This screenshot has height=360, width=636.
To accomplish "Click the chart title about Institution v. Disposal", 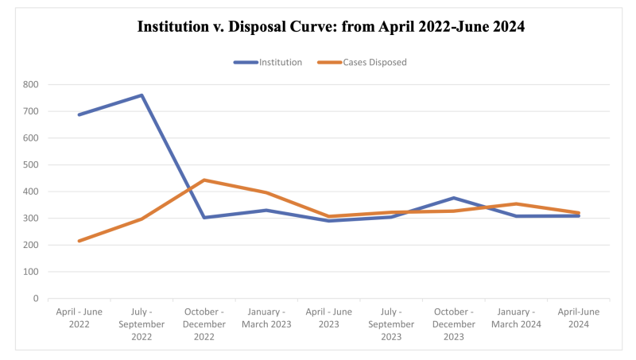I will click(331, 26).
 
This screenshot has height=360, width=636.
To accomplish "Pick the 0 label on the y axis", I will click(35, 299).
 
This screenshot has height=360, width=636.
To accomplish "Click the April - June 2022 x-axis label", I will click(79, 318).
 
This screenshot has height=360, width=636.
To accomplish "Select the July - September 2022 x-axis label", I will click(142, 318).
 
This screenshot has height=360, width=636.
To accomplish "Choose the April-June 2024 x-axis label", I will click(579, 318).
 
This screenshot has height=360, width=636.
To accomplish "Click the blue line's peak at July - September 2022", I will click(142, 95).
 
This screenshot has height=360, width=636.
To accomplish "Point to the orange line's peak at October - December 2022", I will click(204, 180).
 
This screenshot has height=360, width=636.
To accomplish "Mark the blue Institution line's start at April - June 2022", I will click(79, 114).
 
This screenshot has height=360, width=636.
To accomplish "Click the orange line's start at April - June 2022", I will click(79, 241).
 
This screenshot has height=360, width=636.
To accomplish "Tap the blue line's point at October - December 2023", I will click(454, 198).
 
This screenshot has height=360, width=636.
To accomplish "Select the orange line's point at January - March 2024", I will click(517, 203).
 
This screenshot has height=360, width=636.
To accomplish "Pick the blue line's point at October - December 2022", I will click(204, 218).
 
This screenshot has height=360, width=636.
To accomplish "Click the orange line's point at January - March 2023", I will click(266, 192).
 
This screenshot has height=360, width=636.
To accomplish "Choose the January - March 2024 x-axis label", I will click(517, 318).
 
